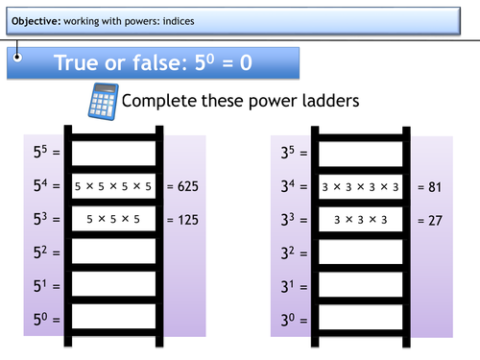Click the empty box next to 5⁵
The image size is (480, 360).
(113, 152)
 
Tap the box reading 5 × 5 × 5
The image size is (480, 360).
(113, 219)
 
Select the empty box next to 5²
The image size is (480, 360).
(113, 252)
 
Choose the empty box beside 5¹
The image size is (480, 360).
(113, 286)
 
